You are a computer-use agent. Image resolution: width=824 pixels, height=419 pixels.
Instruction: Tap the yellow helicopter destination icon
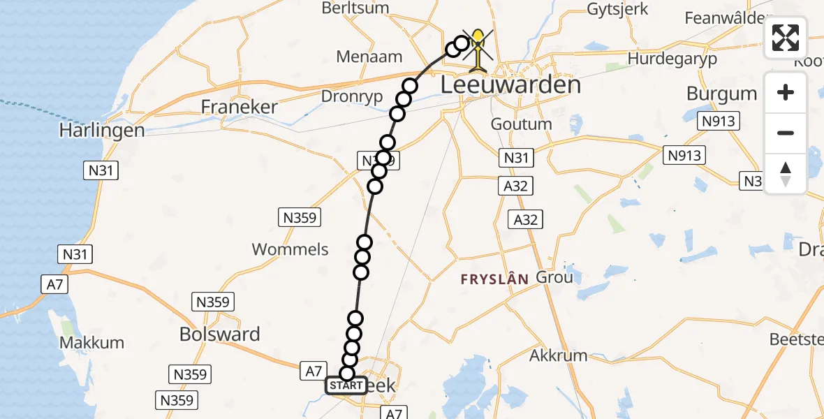coord(478,50)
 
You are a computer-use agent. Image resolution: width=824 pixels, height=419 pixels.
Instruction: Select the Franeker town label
coord(239,107)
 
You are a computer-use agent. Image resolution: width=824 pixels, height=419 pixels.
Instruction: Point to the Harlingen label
coord(102,131)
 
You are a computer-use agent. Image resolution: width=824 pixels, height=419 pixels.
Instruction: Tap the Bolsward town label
coord(219,335)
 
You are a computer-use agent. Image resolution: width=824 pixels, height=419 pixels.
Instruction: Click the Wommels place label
coord(290,249)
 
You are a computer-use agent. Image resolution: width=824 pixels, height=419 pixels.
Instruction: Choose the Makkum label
coord(92,343)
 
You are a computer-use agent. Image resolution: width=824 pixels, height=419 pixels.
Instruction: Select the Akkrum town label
coord(558,355)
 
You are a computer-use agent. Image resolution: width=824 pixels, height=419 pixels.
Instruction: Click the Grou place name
coord(554,277)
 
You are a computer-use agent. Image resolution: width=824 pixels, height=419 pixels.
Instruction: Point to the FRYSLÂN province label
coord(494,279)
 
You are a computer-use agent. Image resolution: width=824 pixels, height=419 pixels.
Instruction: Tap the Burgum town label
coord(721,94)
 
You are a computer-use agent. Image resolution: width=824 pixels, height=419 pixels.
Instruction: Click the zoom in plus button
coord(786,92)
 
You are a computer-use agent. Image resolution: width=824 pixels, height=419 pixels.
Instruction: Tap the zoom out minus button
coord(786,133)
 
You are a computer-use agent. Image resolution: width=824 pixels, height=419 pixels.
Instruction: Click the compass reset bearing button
coord(786,173)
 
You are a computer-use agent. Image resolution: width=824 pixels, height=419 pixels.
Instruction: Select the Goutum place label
coord(521,124)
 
